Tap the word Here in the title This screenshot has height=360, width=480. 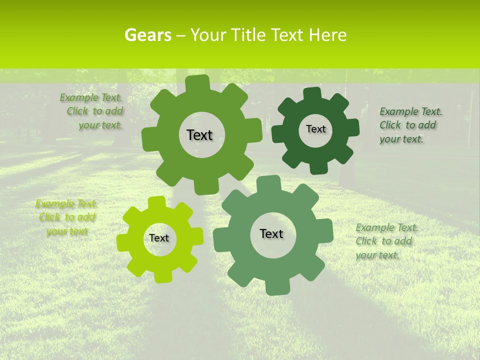click(327, 35)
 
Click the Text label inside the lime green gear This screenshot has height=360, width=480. click(159, 238)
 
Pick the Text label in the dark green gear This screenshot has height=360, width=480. click(315, 129)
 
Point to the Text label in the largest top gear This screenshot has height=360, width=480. click(199, 135)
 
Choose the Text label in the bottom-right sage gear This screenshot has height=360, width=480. click(271, 234)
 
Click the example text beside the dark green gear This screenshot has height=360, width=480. click(410, 125)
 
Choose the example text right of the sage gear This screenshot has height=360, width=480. click(386, 241)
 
